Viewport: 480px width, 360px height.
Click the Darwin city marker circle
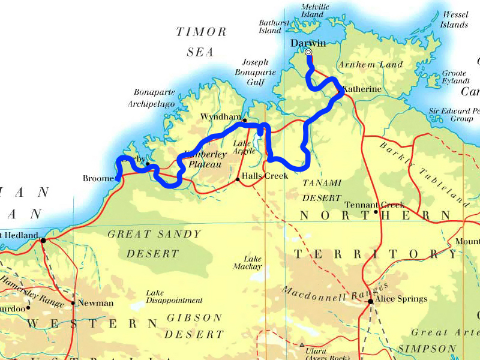[308, 53]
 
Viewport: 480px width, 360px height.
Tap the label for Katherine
[362, 89]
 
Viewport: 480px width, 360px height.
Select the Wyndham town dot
[245, 120]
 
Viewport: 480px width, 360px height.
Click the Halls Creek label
[265, 176]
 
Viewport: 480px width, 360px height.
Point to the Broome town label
[98, 179]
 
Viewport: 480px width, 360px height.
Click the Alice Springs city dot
[371, 302]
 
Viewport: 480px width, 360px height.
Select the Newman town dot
[73, 303]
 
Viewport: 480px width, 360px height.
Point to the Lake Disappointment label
[174, 296]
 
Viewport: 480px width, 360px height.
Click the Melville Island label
[314, 10]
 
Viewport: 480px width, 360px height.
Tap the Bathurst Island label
[274, 26]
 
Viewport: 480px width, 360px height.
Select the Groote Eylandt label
[455, 77]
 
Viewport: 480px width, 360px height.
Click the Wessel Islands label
[454, 19]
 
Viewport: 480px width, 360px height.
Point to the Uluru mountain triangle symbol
[302, 345]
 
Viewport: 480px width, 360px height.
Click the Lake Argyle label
[244, 147]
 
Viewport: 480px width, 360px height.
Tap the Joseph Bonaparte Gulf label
[259, 72]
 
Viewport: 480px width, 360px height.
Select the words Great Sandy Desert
[154, 244]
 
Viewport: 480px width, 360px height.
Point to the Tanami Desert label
[322, 190]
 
